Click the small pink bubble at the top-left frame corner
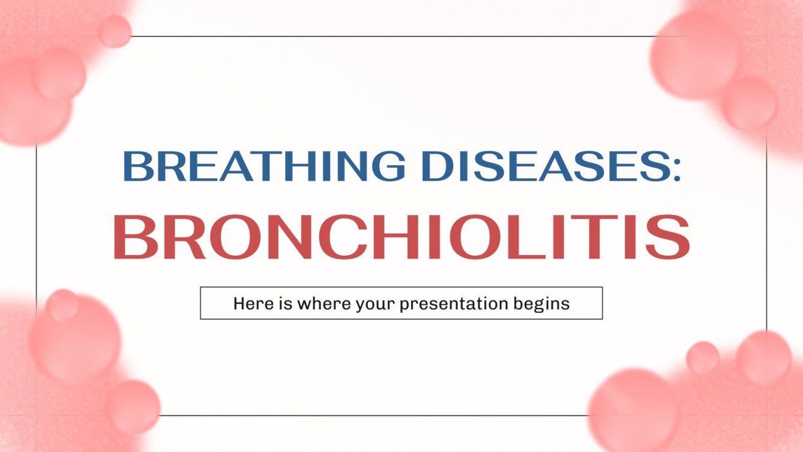click(115, 31)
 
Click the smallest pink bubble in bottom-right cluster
click(703, 357)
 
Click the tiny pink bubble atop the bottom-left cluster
click(62, 305)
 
